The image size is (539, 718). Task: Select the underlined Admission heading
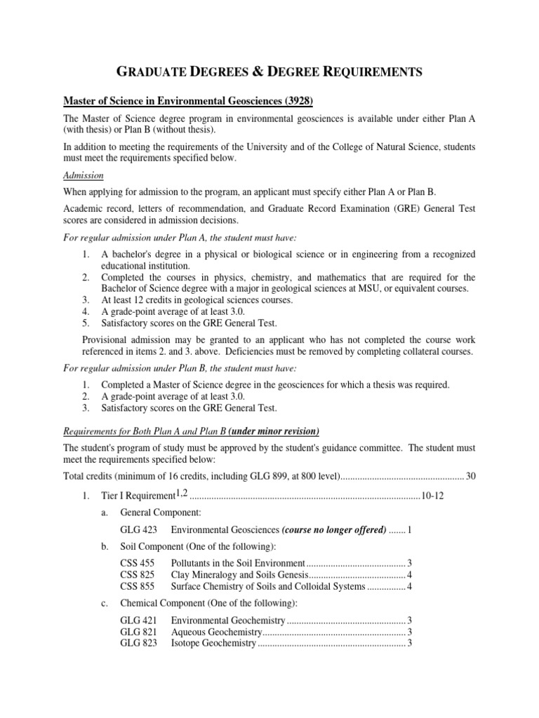[84, 175]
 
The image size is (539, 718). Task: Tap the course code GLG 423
[138, 529]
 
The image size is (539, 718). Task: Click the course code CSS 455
[137, 563]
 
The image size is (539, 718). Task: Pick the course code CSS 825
[137, 575]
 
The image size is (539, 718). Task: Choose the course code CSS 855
[137, 586]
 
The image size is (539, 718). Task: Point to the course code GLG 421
[138, 621]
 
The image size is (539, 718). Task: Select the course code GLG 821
[138, 632]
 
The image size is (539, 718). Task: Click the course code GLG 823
[138, 643]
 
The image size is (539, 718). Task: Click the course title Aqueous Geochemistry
[215, 632]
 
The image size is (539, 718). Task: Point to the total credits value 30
[470, 477]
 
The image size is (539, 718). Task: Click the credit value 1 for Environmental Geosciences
[409, 529]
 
